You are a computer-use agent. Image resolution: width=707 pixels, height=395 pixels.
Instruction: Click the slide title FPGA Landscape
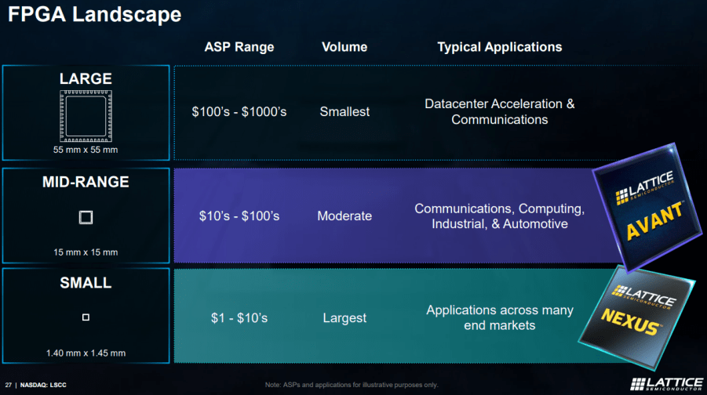pos(94,14)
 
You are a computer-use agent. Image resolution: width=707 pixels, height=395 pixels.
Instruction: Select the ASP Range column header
pos(239,47)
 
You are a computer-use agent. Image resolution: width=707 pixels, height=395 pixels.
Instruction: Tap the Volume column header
pos(345,47)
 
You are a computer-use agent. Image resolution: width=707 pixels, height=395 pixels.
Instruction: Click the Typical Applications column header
pos(499,47)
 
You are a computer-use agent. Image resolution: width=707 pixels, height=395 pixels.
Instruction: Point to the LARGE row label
pos(86,78)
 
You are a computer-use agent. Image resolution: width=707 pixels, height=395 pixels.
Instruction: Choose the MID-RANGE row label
pos(86,182)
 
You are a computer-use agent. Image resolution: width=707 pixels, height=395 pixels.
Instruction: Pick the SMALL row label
pos(86,283)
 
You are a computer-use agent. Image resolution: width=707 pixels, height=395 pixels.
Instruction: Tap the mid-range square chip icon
pos(86,217)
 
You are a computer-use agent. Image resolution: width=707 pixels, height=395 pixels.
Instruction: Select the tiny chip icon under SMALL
pos(86,317)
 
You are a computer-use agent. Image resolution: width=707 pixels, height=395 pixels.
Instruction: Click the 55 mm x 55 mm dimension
pos(86,149)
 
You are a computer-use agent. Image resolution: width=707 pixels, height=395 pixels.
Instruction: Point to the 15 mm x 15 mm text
pos(86,252)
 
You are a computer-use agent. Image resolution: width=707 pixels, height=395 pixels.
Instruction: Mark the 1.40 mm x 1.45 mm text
pos(86,353)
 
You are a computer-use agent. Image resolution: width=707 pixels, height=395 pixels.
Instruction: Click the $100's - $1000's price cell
pos(239,112)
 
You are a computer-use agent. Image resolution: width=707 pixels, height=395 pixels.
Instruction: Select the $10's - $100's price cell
pos(239,216)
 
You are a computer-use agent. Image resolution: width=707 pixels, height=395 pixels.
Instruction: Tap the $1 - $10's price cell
pos(239,318)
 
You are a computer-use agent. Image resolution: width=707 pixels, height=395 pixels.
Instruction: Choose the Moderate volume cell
pos(344,216)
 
